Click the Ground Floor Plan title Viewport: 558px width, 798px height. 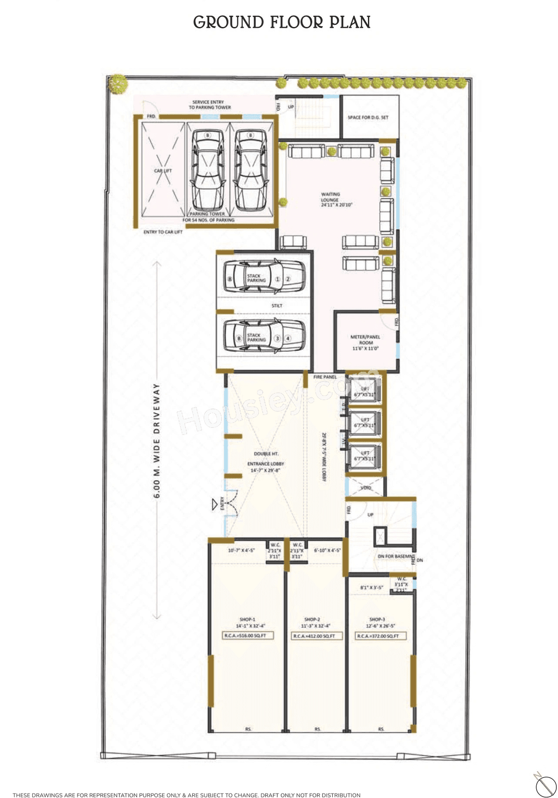tap(282, 22)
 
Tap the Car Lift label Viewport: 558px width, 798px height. tap(163, 171)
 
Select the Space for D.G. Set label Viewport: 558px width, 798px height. tap(368, 117)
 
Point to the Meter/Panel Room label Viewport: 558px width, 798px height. tap(365, 343)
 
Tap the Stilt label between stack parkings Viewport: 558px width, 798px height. tap(277, 306)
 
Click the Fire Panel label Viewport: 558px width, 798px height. tap(325, 377)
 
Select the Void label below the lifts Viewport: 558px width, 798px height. tap(366, 488)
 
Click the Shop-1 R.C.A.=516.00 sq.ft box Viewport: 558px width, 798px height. tap(248, 636)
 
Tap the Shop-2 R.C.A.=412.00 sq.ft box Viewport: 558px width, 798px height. tap(316, 636)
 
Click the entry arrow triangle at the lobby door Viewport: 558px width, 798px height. tap(214, 505)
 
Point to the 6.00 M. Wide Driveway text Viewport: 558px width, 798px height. tap(157, 440)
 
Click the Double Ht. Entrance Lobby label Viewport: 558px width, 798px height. tap(265, 462)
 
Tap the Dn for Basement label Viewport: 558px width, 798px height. tap(396, 557)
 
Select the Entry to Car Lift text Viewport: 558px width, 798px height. tap(163, 232)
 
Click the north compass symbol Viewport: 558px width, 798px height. tap(545, 787)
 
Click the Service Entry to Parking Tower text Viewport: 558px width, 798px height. tap(209, 105)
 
